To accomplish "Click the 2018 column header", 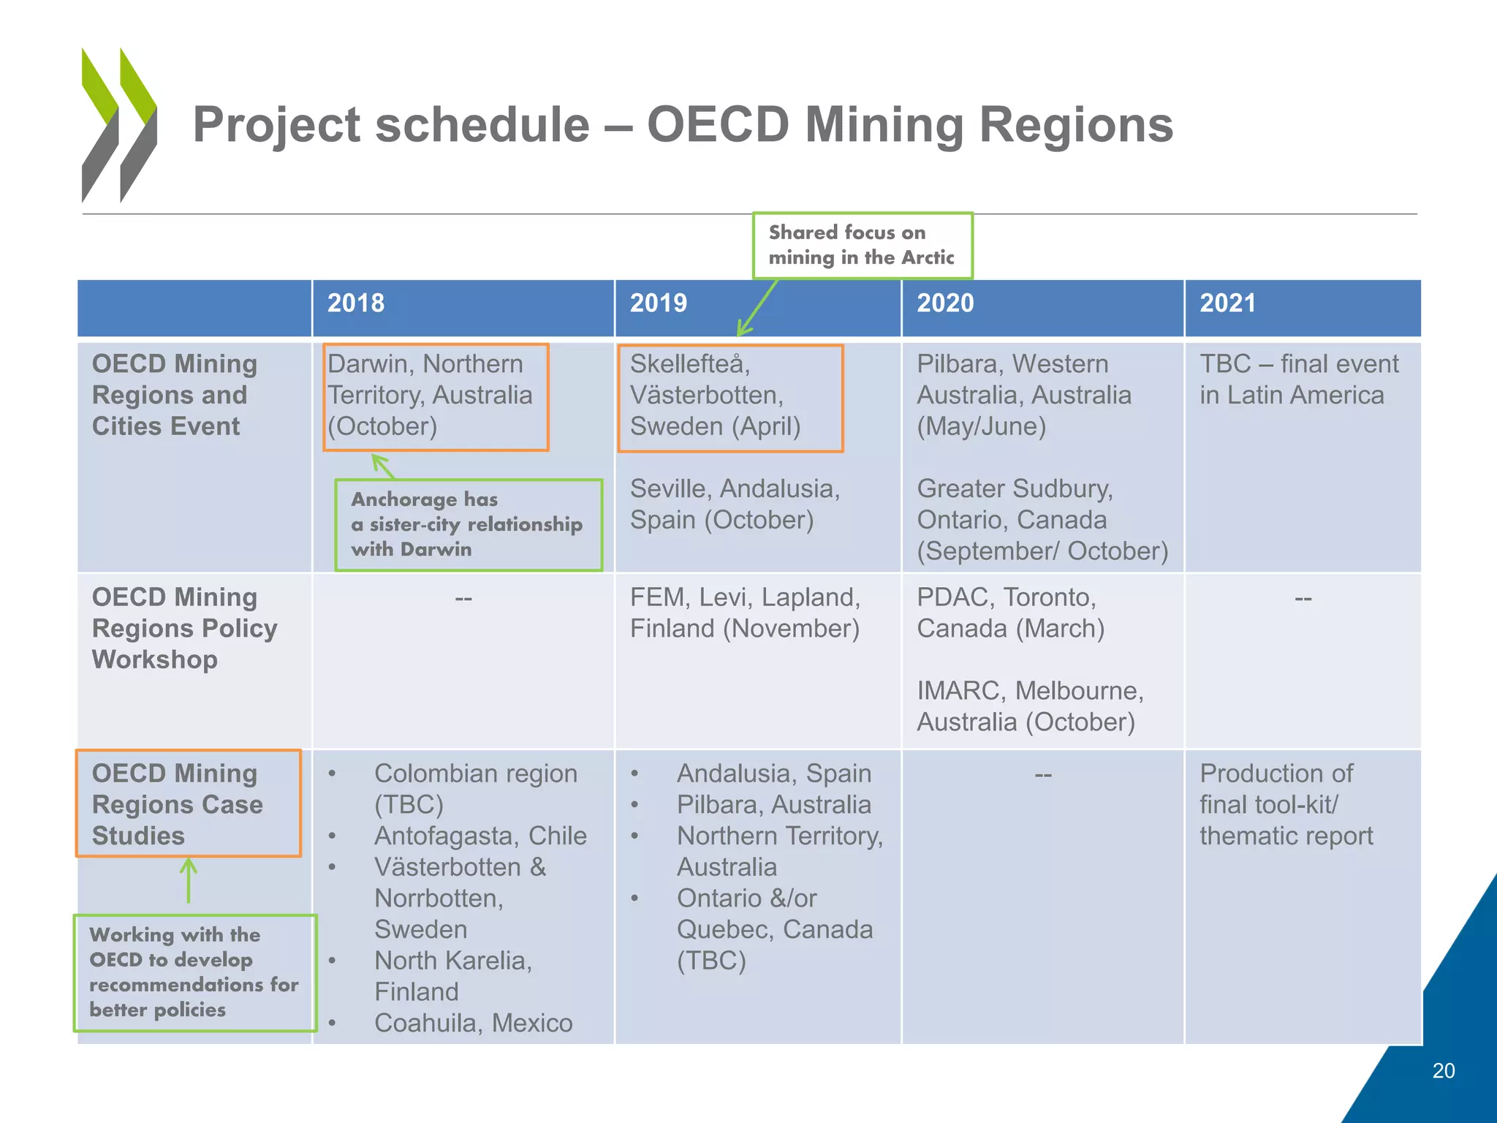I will tap(356, 303).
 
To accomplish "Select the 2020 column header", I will tap(945, 303).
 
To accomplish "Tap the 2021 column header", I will tap(1227, 303).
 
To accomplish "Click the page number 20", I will tap(1443, 1070).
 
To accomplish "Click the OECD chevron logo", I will tap(119, 125).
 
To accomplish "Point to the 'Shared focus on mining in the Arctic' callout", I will tap(862, 245).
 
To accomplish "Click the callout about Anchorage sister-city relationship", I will tap(468, 524).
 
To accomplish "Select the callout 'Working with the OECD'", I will tap(194, 972).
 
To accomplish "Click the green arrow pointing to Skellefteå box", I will tap(757, 308).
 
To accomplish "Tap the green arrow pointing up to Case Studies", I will tap(189, 881).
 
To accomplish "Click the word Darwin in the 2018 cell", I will tap(367, 364).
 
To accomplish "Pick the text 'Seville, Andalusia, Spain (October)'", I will tap(735, 504).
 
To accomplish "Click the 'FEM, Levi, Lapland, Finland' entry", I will tap(745, 613).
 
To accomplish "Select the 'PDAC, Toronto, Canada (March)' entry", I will tap(1010, 613).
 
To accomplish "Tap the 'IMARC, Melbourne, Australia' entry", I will tap(1029, 706).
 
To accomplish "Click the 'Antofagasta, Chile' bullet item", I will tap(480, 836).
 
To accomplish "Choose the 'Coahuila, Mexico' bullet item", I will tap(473, 1023).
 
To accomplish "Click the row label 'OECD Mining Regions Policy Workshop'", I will tap(184, 628).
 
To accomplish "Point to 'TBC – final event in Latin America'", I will tap(1298, 379).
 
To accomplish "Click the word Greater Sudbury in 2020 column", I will tap(1015, 488).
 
